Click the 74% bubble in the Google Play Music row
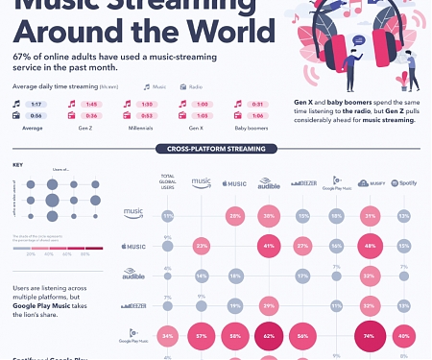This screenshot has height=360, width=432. [370, 337]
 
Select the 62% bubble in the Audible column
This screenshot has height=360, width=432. [270, 337]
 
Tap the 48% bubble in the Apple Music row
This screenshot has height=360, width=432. [370, 247]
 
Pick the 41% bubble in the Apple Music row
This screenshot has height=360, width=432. [270, 247]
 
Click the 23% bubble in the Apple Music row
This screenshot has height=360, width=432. [202, 247]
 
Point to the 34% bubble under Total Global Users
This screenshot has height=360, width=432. [168, 337]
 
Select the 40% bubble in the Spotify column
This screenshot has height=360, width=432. [403, 337]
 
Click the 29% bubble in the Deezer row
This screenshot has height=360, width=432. [270, 305]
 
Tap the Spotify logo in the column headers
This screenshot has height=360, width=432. [403, 182]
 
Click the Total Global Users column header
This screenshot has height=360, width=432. [168, 181]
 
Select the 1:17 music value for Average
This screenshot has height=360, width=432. [36, 104]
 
